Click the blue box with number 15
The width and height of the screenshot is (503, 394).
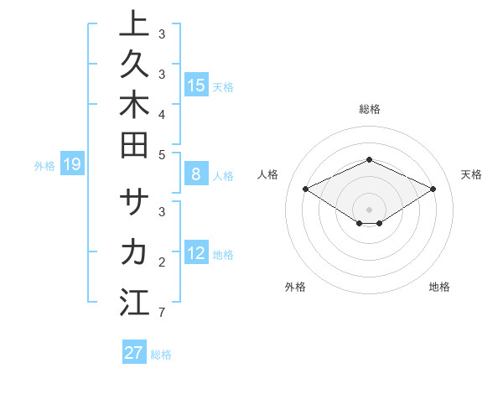point(196,86)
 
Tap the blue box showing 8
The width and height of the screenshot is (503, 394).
point(196,175)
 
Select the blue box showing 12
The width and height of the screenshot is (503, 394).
point(196,254)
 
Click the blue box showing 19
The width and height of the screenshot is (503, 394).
point(71,165)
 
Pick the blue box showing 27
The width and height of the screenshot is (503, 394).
point(134,353)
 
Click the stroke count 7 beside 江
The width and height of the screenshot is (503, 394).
point(161,314)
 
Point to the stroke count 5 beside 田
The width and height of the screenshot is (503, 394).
point(161,154)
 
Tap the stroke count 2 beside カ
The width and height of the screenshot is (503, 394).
point(161,262)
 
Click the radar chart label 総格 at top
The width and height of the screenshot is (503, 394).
point(370,109)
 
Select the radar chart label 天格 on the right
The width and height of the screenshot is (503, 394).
point(471,174)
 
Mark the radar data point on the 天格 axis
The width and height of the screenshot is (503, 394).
point(433,189)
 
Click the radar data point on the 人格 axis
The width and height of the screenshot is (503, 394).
point(306,189)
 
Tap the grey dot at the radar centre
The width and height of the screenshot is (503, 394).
point(370,210)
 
